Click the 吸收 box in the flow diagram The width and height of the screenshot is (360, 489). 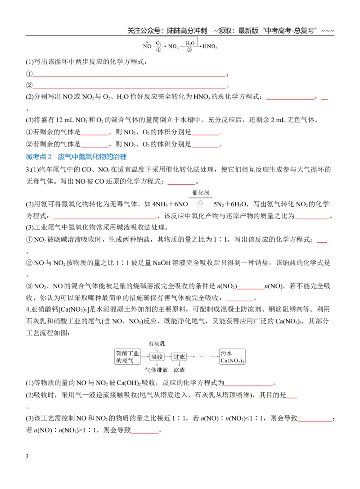[157, 357]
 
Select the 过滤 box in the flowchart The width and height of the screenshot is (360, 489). [179, 357]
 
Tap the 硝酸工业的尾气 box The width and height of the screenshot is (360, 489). [127, 357]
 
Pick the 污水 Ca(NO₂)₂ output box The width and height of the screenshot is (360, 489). [232, 357]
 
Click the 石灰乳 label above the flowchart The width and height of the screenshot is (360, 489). [157, 344]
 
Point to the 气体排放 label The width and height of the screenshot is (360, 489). [157, 370]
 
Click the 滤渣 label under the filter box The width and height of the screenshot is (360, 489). [179, 370]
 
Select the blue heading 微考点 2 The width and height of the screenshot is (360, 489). [39, 157]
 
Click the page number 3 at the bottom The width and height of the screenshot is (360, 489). [27, 456]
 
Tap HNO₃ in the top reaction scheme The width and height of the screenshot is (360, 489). [210, 46]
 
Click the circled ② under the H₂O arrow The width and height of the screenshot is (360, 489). [189, 50]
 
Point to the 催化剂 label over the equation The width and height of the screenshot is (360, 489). [200, 193]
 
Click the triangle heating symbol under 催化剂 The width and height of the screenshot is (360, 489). [200, 202]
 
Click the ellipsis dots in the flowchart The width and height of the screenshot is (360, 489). [202, 357]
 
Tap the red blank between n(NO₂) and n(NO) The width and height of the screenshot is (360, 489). [251, 289]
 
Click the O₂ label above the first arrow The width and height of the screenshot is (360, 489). [158, 43]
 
